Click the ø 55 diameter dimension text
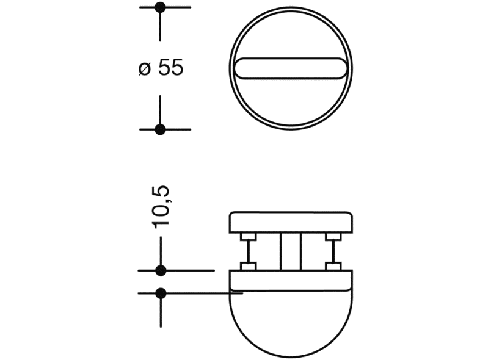pos(161,68)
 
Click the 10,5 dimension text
pos(161,207)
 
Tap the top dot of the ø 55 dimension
pos(161,7)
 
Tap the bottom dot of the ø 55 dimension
pos(161,129)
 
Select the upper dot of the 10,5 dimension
pos(161,270)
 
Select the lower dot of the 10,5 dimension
pos(161,293)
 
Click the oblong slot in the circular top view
pos(291,68)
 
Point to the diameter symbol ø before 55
pos(144,68)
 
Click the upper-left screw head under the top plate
pos(249,237)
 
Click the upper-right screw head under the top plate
pos(333,237)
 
